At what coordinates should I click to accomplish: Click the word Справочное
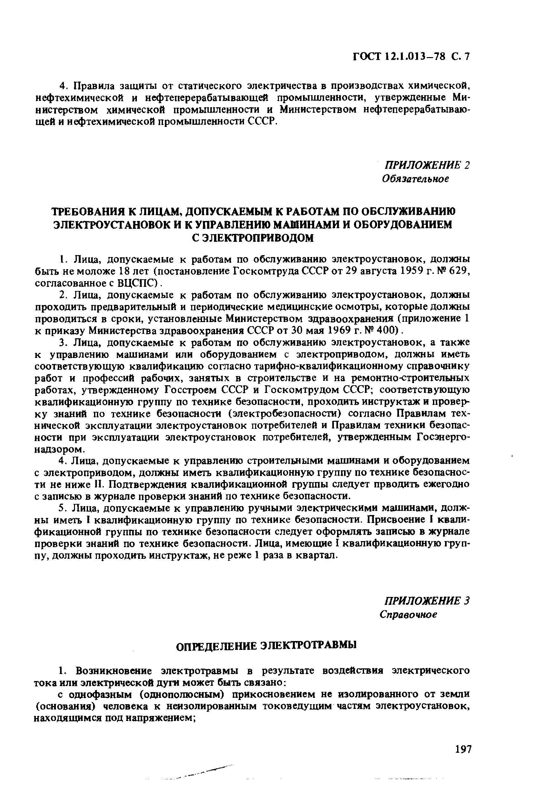point(409,615)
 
